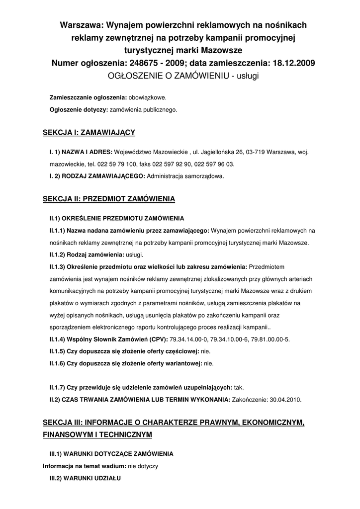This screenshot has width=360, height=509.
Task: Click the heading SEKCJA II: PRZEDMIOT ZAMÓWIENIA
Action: coord(109,199)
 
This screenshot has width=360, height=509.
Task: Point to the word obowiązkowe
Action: coord(148,97)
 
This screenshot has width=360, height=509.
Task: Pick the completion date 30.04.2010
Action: coord(283,400)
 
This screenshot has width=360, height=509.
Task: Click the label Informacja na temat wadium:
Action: coord(85,466)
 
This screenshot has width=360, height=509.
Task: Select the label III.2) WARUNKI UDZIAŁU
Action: coord(85,478)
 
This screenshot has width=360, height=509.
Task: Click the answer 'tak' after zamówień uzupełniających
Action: coord(239,388)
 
